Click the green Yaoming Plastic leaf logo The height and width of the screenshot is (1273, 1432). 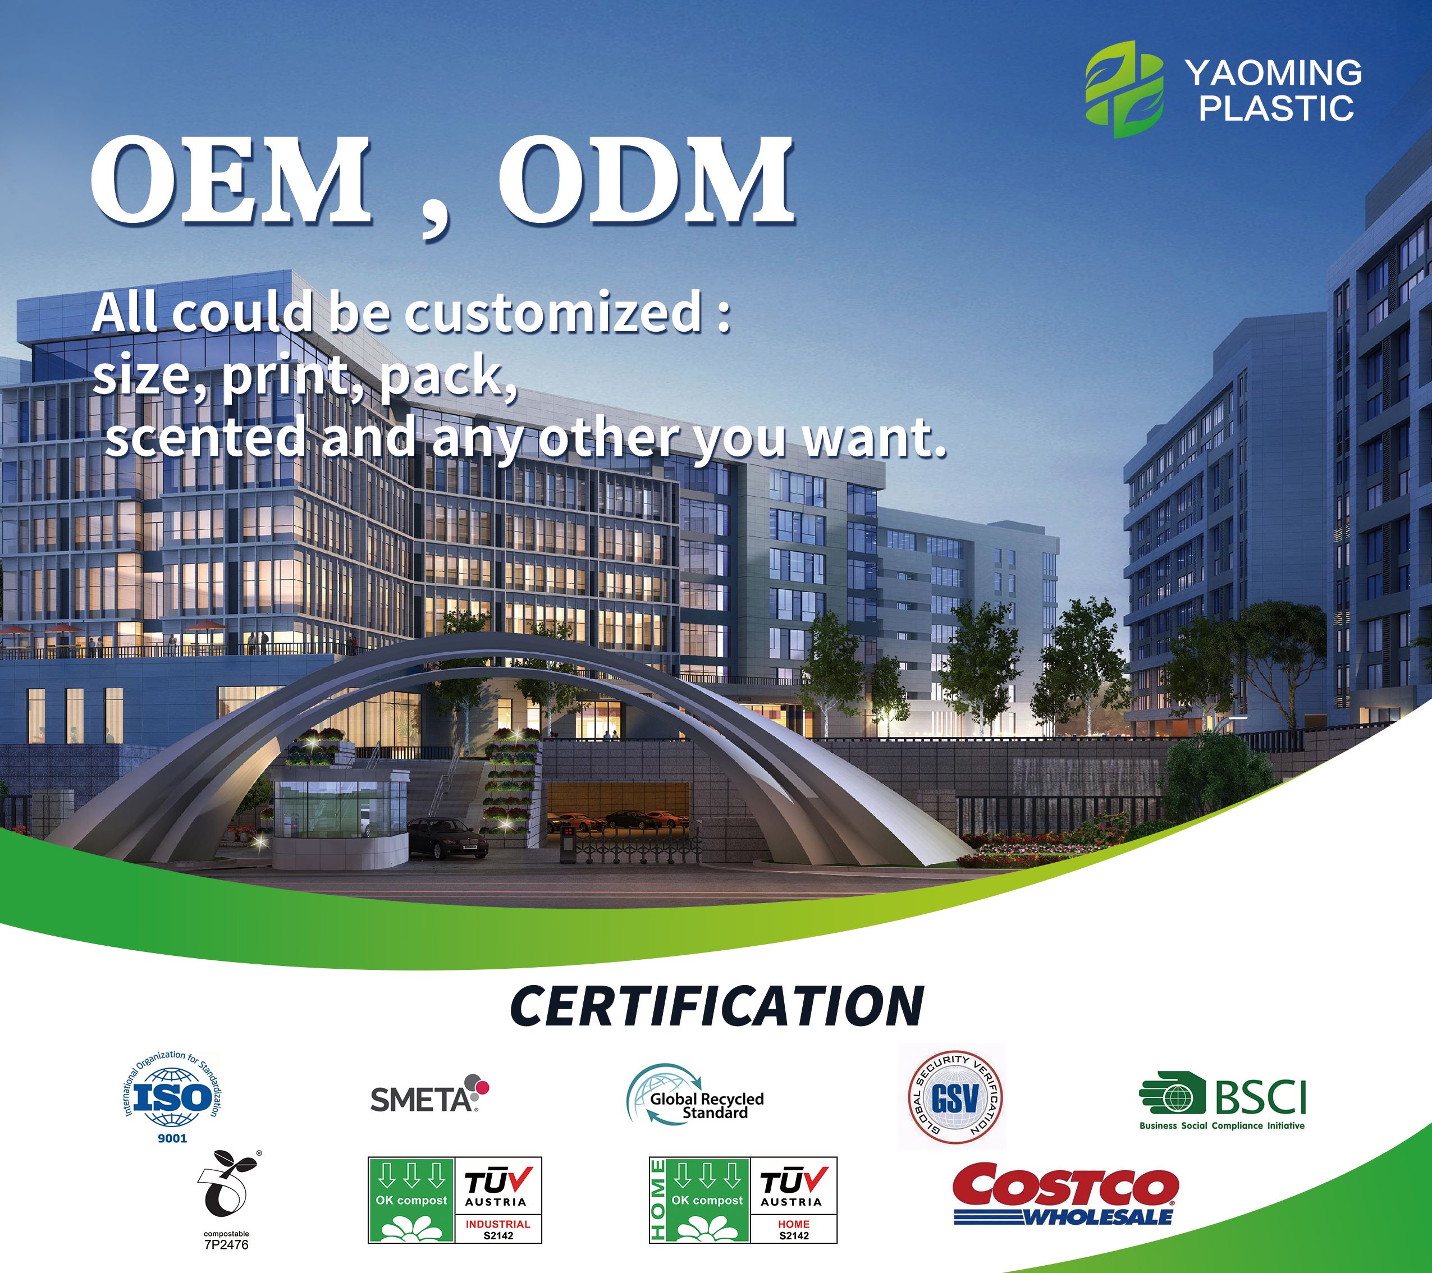pos(1124,89)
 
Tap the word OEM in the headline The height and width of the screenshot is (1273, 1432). pos(231,181)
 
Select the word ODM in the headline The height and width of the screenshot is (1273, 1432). pos(646,181)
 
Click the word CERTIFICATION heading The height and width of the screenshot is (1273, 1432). pos(717,1006)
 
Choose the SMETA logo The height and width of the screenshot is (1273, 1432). pos(429,1095)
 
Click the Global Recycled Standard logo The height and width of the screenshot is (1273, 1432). pos(695,1095)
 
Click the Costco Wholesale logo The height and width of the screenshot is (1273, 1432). pos(1065,1195)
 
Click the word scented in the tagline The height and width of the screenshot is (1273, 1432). pos(204,438)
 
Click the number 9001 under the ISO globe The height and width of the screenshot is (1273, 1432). pos(172,1138)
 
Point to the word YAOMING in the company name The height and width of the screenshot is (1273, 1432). pos(1274,73)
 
